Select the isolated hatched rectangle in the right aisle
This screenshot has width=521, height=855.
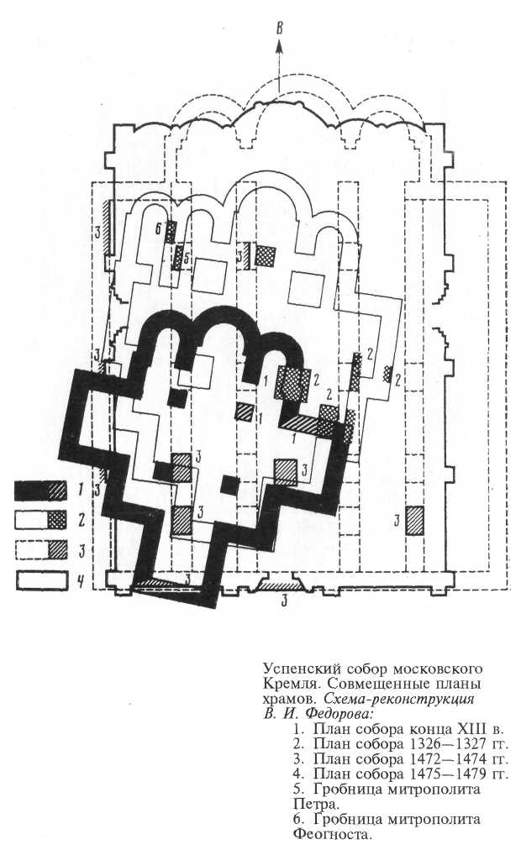tap(413, 520)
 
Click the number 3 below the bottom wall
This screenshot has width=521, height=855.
tap(286, 600)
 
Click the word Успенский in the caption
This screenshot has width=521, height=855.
tap(296, 668)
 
